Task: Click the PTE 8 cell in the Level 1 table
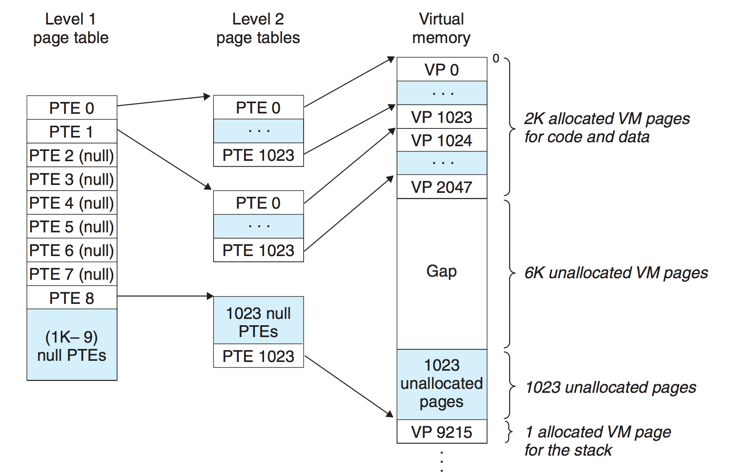pos(72,298)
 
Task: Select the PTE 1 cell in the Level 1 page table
pos(72,131)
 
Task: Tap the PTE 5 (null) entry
pos(72,226)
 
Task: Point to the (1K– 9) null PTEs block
pos(72,345)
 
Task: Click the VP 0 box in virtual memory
pos(442,70)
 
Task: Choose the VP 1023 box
pos(442,117)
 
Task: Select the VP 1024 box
pos(442,140)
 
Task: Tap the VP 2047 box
pos(442,187)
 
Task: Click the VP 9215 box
pos(442,432)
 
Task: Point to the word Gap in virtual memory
pos(442,271)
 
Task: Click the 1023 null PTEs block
pos(259,320)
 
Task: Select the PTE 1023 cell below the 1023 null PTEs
pos(259,356)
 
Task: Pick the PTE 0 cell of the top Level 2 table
pos(259,107)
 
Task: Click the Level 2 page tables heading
pos(258,28)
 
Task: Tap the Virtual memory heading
pos(441,28)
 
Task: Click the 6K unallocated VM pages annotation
pos(616,273)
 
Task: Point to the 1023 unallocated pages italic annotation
pos(611,388)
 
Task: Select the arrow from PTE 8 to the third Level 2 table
pos(165,296)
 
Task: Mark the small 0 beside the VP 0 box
pos(496,58)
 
